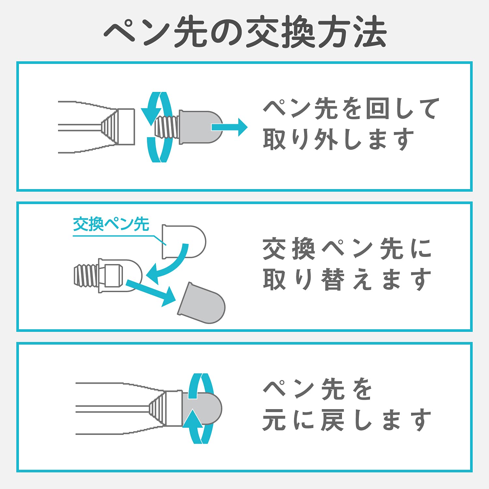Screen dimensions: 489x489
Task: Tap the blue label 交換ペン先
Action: [x=111, y=224]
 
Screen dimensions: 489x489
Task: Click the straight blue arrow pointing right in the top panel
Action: [x=230, y=127]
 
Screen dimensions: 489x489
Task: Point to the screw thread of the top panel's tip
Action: [x=167, y=127]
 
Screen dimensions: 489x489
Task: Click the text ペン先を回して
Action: [x=351, y=109]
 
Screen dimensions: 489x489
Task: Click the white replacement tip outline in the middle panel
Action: [x=184, y=242]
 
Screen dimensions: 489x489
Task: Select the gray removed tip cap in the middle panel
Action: [x=201, y=303]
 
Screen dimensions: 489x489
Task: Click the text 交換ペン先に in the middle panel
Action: [x=347, y=249]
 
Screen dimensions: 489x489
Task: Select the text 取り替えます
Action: [x=347, y=279]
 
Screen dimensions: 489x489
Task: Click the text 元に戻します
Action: [x=347, y=420]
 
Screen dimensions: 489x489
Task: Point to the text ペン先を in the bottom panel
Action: [x=318, y=389]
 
